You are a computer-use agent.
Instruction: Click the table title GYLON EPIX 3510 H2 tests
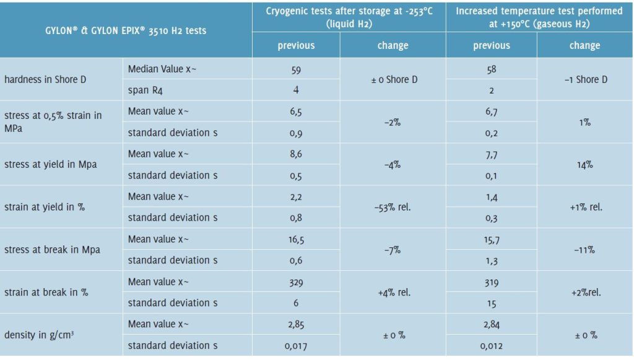[x=126, y=30]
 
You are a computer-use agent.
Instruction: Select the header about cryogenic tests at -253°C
[x=349, y=17]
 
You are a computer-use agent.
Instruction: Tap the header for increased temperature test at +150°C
[x=539, y=17]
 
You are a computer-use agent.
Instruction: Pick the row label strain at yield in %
[x=45, y=207]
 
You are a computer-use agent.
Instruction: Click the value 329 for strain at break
[x=296, y=281]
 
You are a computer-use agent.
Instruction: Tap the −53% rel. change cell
[x=393, y=207]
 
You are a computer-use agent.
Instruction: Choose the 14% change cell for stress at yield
[x=585, y=164]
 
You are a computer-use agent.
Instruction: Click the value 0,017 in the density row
[x=296, y=346]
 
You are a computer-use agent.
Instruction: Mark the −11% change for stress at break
[x=585, y=249]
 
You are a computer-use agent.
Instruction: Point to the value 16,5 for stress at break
[x=296, y=239]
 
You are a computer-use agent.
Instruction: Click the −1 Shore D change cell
[x=585, y=79]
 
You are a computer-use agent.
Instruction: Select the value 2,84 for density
[x=492, y=324]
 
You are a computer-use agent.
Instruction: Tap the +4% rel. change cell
[x=393, y=292]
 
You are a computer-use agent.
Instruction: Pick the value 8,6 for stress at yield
[x=296, y=154]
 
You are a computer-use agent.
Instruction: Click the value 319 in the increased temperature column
[x=492, y=281]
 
